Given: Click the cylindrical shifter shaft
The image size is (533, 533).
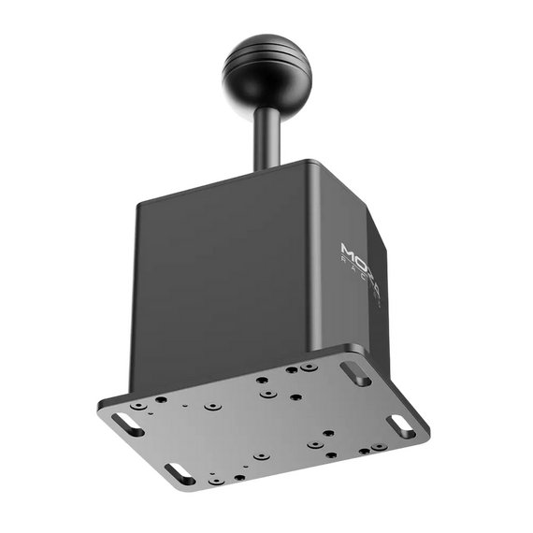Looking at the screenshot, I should click(266, 136).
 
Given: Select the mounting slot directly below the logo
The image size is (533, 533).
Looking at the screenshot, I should click(355, 373).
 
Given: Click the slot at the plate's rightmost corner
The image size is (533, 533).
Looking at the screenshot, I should click(402, 426).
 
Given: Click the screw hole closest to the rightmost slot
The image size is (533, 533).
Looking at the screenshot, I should click(377, 447).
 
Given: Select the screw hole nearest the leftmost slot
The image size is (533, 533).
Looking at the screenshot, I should click(138, 408).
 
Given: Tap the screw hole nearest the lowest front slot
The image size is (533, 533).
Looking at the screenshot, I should click(214, 480).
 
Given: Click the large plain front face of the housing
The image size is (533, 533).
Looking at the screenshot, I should click(234, 281).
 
